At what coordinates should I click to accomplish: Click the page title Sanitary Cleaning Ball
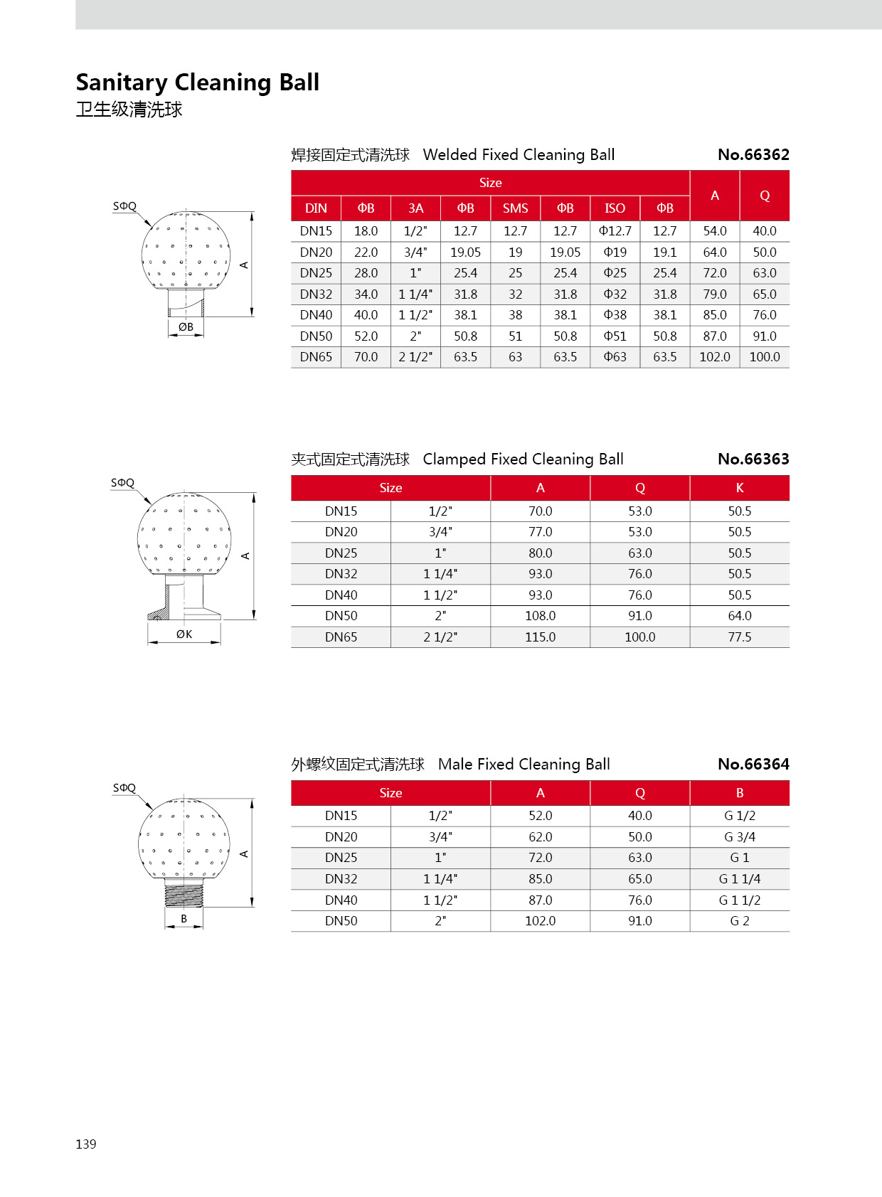click(x=197, y=83)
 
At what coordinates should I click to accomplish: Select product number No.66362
click(x=753, y=155)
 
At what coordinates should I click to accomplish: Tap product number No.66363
click(x=753, y=459)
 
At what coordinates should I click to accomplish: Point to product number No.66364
click(x=753, y=765)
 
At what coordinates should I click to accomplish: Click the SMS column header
click(x=515, y=208)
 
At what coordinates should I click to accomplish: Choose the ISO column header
click(x=615, y=208)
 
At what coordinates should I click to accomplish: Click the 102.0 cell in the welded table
click(x=714, y=357)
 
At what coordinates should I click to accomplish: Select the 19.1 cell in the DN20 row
click(x=664, y=252)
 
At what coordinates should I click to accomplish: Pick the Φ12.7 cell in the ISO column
click(x=615, y=231)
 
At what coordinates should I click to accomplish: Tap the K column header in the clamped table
click(x=739, y=488)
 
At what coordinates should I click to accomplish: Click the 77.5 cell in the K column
click(x=739, y=637)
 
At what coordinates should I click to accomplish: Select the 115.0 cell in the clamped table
click(x=540, y=637)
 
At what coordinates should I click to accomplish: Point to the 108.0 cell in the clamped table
click(x=540, y=616)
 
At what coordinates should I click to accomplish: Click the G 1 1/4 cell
click(x=739, y=879)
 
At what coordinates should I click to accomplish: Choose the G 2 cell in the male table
click(x=739, y=921)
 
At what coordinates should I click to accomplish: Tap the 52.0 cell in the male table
click(x=540, y=816)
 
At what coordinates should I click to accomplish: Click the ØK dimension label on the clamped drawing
click(x=184, y=634)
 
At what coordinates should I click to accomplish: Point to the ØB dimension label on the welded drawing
click(x=186, y=327)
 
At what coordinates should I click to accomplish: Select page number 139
click(x=86, y=1144)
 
